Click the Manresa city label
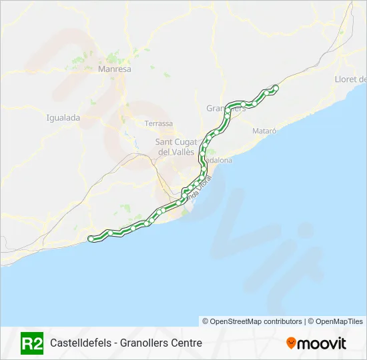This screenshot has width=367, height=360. (x=114, y=69)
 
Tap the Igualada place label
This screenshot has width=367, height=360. (x=63, y=118)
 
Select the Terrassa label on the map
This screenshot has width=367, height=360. (x=159, y=123)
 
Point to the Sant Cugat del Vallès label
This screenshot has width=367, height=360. (x=175, y=147)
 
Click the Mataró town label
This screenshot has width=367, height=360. (x=264, y=131)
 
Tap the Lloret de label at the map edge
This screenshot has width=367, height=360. (x=350, y=79)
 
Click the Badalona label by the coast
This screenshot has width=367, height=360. (x=216, y=161)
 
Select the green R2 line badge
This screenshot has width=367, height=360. (x=32, y=343)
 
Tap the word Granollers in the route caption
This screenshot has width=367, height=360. (x=144, y=343)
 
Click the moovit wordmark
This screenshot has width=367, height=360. (x=322, y=343)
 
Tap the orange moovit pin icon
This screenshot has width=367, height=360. (x=291, y=343)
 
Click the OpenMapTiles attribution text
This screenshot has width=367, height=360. (x=336, y=321)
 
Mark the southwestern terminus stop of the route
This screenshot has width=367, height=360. (x=91, y=238)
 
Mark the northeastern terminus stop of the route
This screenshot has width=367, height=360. (x=276, y=87)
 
